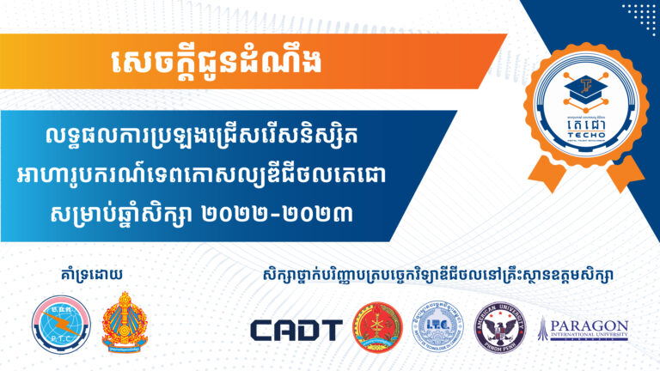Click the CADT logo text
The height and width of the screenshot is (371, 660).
pyautogui.click(x=296, y=330)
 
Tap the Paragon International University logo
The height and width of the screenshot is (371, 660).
pyautogui.click(x=584, y=330)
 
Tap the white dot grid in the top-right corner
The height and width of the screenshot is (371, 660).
pyautogui.click(x=639, y=19)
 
